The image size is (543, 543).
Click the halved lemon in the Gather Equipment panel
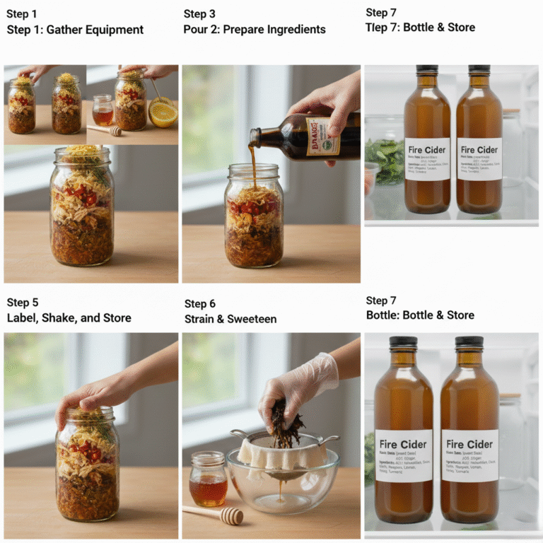163,113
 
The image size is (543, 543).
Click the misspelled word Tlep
378,28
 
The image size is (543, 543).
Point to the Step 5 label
22,303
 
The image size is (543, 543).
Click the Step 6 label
199,304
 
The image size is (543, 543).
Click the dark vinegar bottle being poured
304,134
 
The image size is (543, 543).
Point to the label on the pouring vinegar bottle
322,136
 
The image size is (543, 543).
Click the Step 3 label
199,14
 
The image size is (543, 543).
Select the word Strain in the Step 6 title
200,319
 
